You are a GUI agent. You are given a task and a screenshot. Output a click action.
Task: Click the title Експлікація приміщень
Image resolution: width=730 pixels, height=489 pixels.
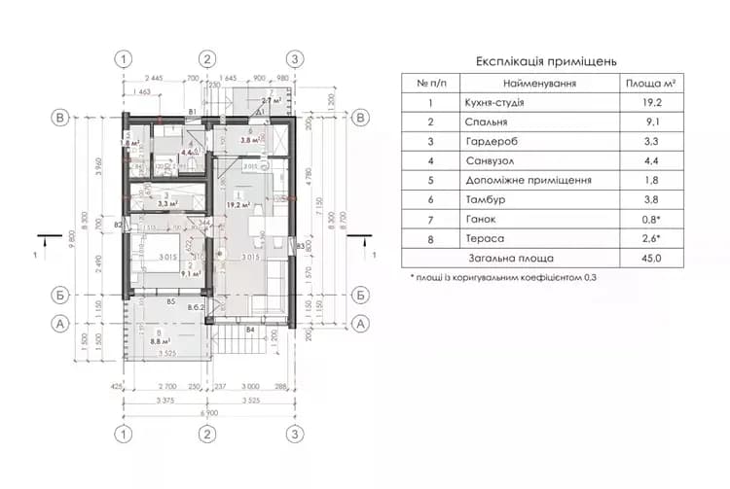pyautogui.click(x=546, y=60)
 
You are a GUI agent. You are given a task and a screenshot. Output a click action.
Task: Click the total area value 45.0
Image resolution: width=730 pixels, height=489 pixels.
pyautogui.click(x=651, y=259)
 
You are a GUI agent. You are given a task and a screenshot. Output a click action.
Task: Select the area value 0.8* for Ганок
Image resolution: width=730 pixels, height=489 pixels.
pyautogui.click(x=651, y=220)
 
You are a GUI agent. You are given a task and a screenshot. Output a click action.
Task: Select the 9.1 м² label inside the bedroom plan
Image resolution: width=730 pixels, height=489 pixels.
pyautogui.click(x=190, y=274)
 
